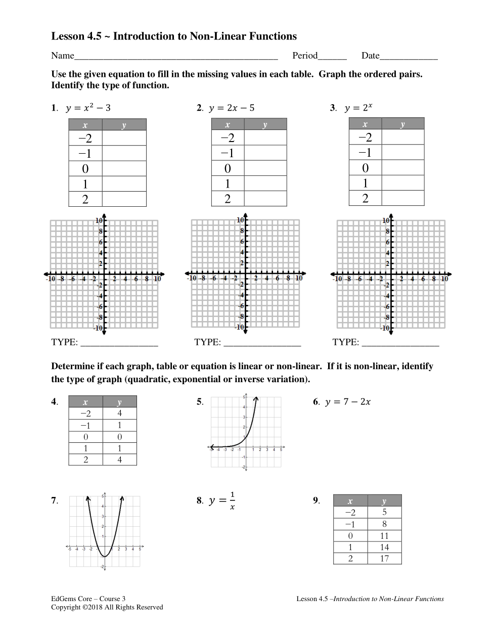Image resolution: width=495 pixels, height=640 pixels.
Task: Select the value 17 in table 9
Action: [384, 559]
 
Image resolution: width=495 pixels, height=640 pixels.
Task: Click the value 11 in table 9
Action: [384, 536]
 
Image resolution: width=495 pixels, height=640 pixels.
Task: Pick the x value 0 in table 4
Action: [85, 437]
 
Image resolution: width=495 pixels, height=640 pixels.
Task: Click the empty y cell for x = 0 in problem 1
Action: [124, 168]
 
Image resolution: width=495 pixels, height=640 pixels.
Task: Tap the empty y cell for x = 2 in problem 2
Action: [265, 199]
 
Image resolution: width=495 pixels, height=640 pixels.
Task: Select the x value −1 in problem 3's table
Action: [365, 153]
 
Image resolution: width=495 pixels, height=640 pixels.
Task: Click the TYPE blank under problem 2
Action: [262, 342]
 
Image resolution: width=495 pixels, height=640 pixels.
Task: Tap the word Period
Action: [305, 56]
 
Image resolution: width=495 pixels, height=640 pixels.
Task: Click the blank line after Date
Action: [409, 56]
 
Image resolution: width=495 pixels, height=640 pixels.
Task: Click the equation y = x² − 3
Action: [88, 108]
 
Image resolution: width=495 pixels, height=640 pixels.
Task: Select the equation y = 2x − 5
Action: [232, 108]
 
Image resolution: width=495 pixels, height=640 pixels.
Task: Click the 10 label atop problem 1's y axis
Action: [99, 220]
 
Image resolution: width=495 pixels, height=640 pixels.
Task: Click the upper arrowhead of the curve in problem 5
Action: [257, 399]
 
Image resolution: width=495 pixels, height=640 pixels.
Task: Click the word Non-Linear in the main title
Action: [218, 36]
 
